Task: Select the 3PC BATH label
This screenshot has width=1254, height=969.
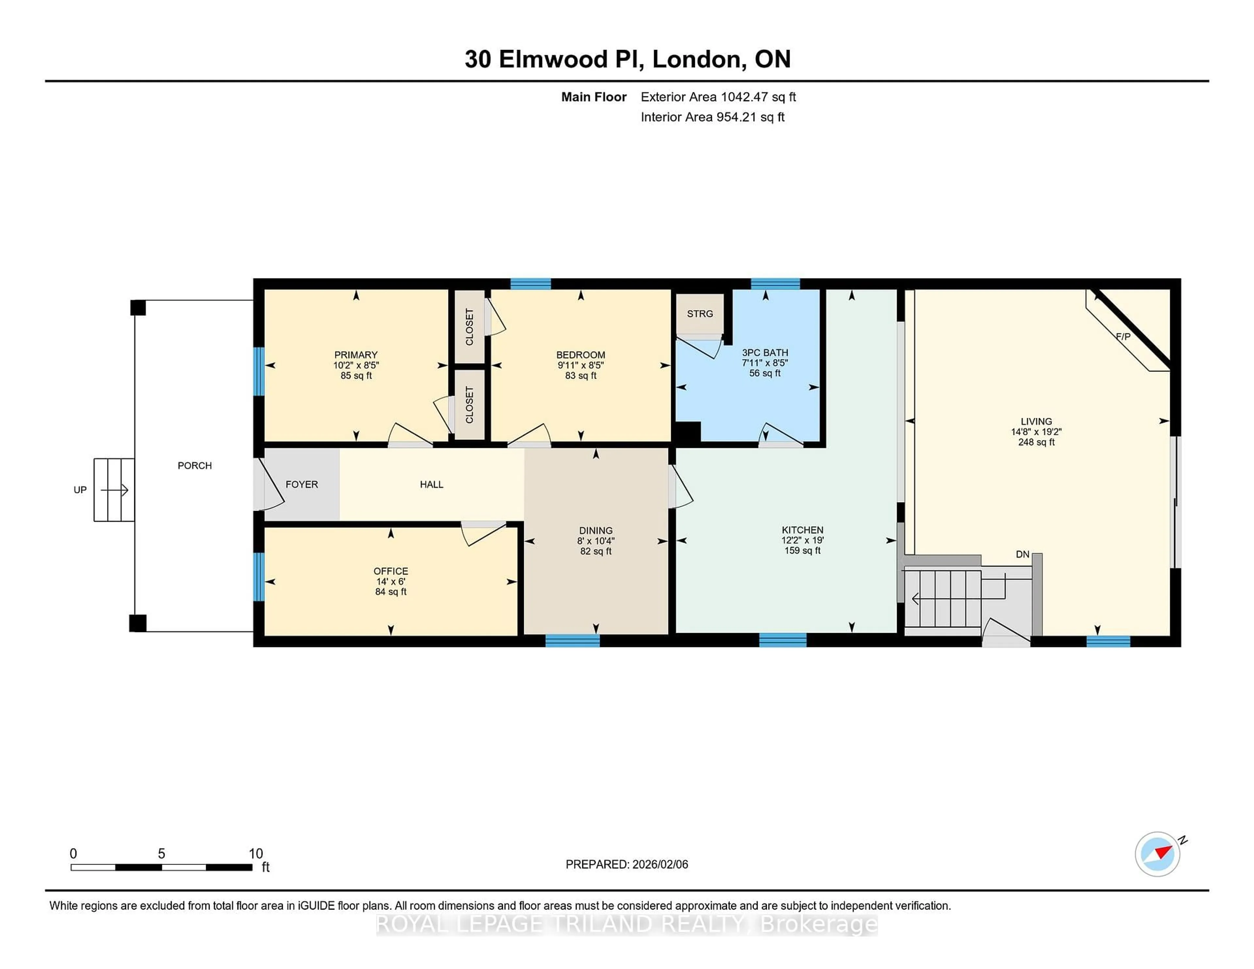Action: pyautogui.click(x=765, y=353)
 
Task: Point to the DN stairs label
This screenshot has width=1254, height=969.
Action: pyautogui.click(x=1022, y=555)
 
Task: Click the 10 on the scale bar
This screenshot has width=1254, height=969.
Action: pyautogui.click(x=255, y=854)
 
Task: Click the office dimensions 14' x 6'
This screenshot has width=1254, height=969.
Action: pyautogui.click(x=391, y=581)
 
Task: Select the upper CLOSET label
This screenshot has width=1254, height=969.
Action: pyautogui.click(x=469, y=326)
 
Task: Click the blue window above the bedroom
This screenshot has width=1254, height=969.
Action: pyautogui.click(x=531, y=284)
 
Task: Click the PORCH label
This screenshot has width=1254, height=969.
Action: pyautogui.click(x=195, y=466)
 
